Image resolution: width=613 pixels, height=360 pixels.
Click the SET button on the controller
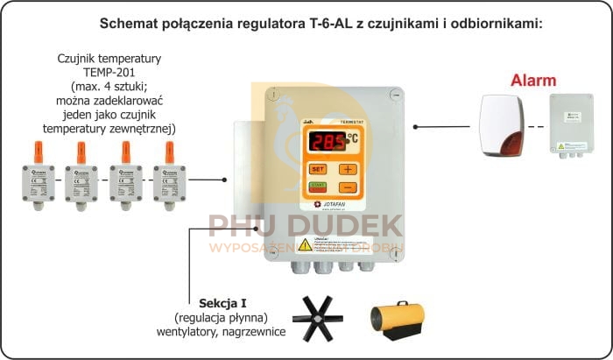click(318, 168)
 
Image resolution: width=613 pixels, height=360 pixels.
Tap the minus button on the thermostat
click(349, 187)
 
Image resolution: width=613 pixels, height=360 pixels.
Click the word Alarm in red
click(533, 81)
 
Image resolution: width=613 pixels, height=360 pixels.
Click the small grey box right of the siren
click(570, 124)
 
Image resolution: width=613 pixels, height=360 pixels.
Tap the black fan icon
click(318, 316)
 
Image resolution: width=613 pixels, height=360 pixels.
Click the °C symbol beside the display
click(352, 138)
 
